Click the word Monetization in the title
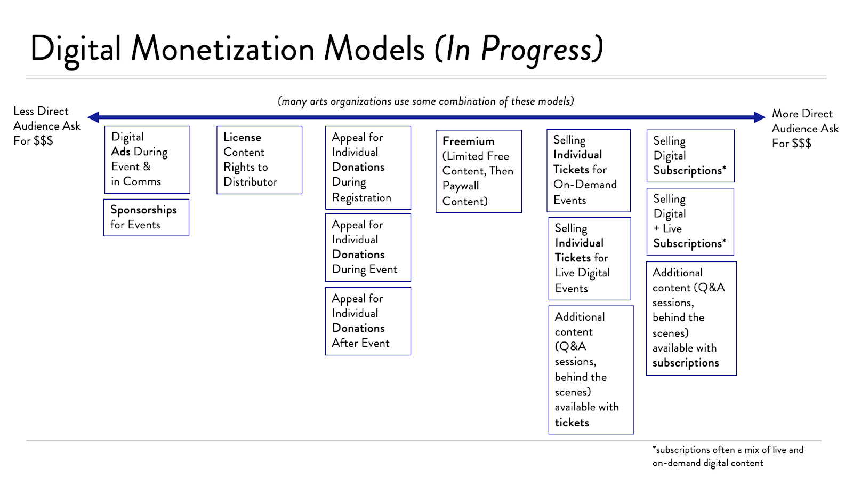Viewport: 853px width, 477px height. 223,49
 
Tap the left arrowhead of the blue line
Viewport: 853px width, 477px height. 94,117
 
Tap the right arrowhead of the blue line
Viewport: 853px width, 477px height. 759,117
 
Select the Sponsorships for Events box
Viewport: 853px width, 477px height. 146,217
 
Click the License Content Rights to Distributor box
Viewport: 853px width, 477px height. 259,160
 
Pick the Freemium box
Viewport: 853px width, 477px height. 478,171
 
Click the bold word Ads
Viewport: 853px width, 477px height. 120,152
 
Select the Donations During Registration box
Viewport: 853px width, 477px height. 368,168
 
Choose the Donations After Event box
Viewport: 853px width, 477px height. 368,321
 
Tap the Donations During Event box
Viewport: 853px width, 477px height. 368,247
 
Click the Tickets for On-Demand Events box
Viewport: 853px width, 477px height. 589,170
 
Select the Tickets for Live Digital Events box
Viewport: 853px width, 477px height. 589,258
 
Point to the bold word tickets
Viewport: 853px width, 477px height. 572,423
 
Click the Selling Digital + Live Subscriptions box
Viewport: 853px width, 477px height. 690,221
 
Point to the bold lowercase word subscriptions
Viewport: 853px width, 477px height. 686,363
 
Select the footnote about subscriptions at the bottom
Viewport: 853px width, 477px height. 727,456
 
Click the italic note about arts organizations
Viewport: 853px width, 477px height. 425,101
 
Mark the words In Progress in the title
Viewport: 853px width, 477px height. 519,49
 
